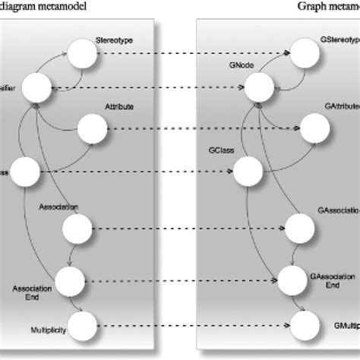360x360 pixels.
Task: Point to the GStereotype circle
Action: [x=311, y=53]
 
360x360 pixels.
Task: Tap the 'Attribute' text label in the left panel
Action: [x=119, y=108]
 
